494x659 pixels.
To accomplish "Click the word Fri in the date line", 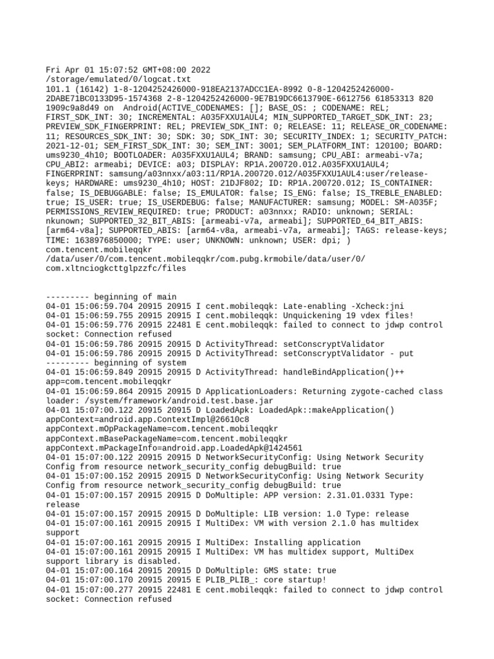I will point(53,70).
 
